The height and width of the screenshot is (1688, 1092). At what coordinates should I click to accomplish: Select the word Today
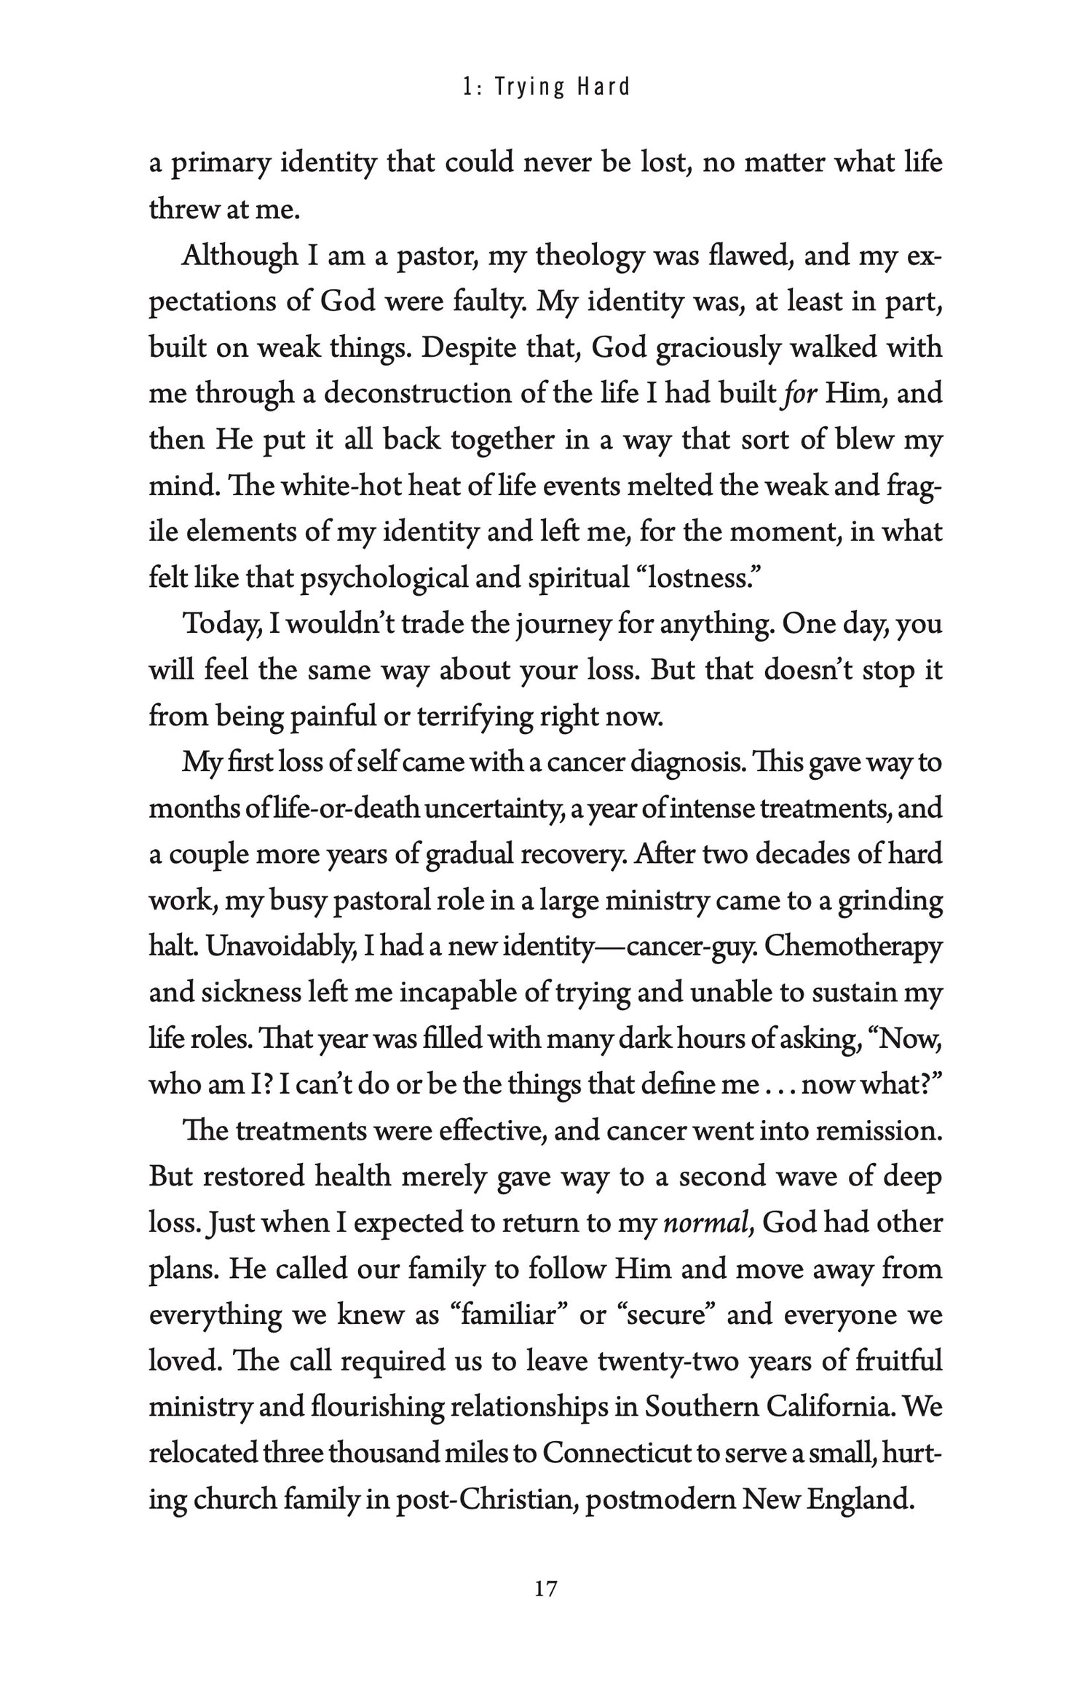click(223, 625)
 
